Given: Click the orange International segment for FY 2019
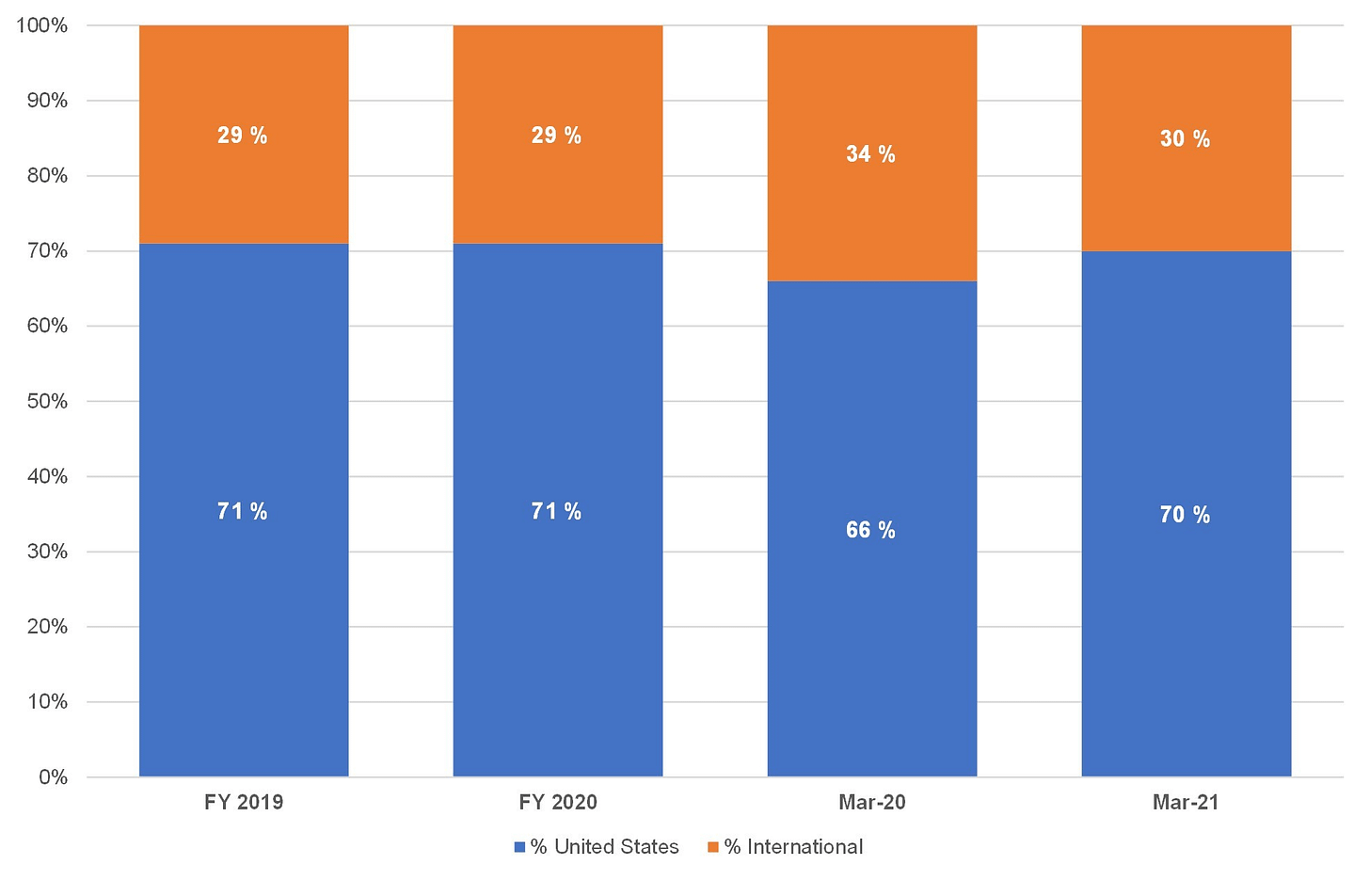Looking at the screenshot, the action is [x=244, y=135].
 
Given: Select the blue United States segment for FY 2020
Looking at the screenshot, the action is [x=558, y=510].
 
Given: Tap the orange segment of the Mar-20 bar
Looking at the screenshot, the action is [x=872, y=153].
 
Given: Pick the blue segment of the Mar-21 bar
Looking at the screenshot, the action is [x=1187, y=514].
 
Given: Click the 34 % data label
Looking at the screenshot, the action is [x=871, y=153].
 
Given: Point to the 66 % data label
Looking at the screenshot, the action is [x=871, y=530].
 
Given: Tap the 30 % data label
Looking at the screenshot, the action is [x=1186, y=139].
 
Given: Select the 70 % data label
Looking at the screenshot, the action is [x=1186, y=515].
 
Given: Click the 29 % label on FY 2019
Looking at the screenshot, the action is [x=242, y=136].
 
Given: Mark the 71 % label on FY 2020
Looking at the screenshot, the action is [x=557, y=511].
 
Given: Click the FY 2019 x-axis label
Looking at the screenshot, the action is [x=244, y=802].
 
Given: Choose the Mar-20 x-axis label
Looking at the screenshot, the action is [x=872, y=802].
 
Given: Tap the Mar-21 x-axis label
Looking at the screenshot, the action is [x=1186, y=802].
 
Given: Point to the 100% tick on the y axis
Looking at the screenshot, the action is [x=41, y=25].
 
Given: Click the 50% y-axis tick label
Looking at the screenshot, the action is [x=47, y=402].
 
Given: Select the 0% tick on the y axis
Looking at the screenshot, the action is [x=53, y=777].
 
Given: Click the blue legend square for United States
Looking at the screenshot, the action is [x=519, y=847].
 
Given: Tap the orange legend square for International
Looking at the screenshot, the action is [x=713, y=847].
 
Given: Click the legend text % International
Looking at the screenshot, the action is [x=794, y=847].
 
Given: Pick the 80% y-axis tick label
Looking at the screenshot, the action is [x=47, y=176].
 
